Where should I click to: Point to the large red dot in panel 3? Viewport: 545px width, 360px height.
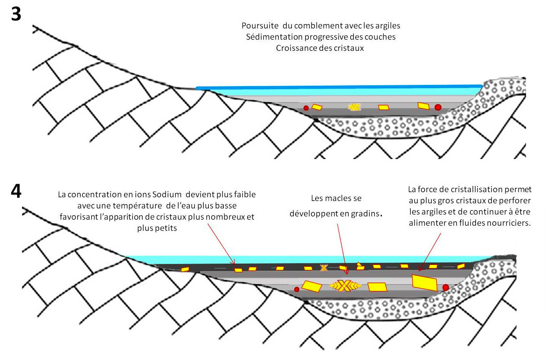pos(438,107)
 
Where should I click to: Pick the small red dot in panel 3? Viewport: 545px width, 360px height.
pos(306,108)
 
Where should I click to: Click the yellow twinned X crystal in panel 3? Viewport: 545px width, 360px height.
pos(355,107)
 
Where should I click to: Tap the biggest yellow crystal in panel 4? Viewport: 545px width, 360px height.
pos(424,283)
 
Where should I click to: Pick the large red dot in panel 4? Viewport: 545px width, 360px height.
pos(446,287)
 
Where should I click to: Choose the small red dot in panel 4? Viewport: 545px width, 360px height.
pos(297,290)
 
